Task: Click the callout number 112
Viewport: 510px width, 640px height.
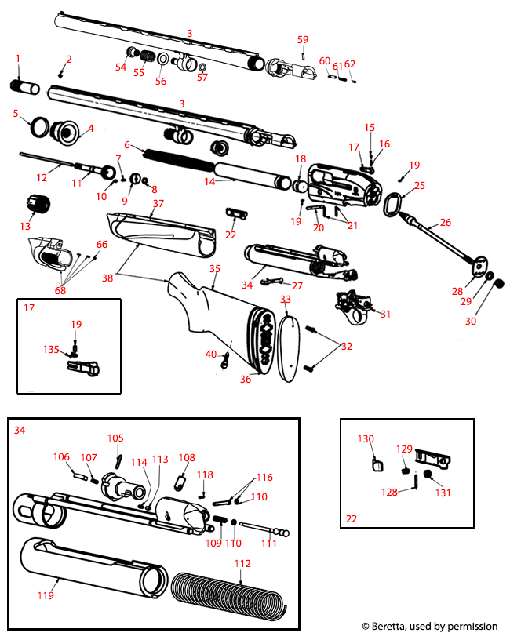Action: pyautogui.click(x=242, y=563)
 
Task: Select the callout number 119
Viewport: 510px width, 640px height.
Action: pyautogui.click(x=46, y=595)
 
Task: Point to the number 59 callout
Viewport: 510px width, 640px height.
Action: pyautogui.click(x=303, y=39)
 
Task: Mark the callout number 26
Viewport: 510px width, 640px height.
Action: pyautogui.click(x=446, y=222)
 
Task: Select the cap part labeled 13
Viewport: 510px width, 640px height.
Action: pyautogui.click(x=38, y=203)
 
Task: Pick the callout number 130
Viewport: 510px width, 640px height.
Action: pyautogui.click(x=366, y=439)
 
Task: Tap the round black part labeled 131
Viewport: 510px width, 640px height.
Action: pyautogui.click(x=428, y=475)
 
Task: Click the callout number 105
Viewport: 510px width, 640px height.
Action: pyautogui.click(x=115, y=438)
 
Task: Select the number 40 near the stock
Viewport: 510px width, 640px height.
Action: pyautogui.click(x=210, y=354)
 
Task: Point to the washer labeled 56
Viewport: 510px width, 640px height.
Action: pyautogui.click(x=163, y=60)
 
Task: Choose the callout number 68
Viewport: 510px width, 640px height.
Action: pyautogui.click(x=60, y=291)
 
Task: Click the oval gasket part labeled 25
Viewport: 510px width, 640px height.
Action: pyautogui.click(x=394, y=205)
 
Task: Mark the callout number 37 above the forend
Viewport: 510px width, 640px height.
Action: pyautogui.click(x=158, y=203)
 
